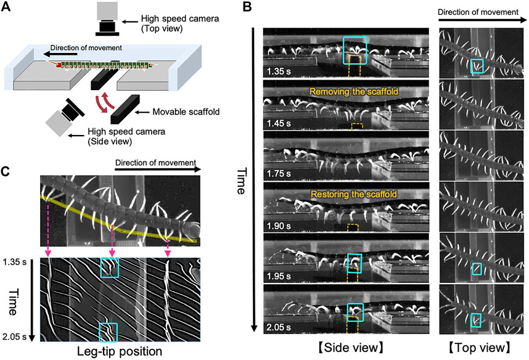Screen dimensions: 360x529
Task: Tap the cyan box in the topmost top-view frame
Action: [477, 65]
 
